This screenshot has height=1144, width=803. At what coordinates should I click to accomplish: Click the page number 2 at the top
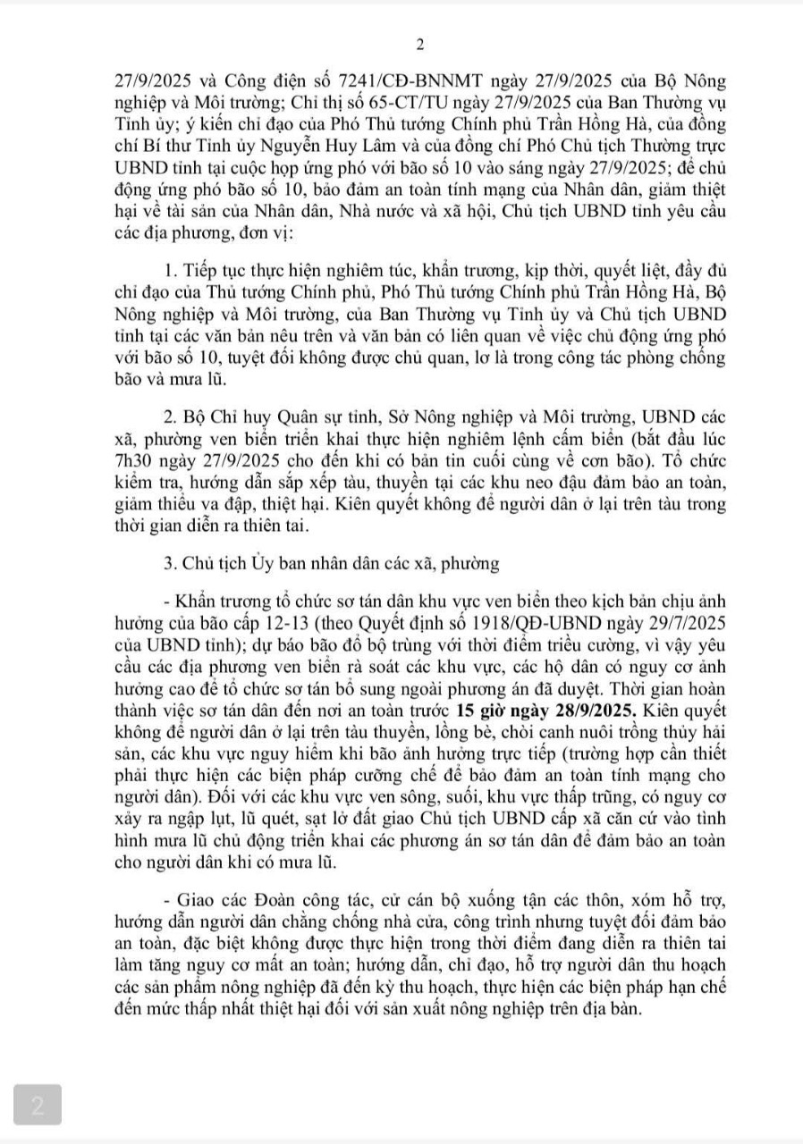[x=419, y=45]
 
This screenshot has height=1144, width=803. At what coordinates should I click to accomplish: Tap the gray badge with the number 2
[x=38, y=1106]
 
